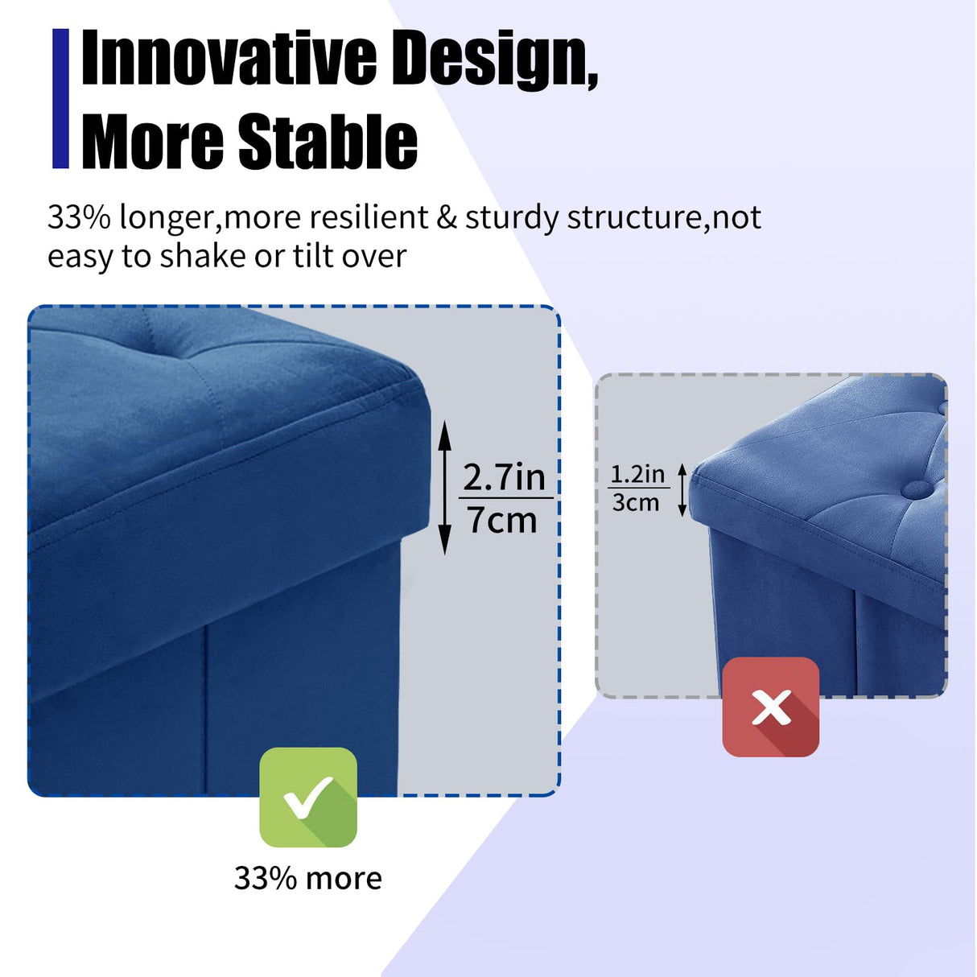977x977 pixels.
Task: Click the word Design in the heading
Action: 497,58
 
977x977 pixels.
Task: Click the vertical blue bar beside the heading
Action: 60,98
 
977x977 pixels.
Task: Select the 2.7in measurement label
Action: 504,477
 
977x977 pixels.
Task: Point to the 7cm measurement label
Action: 502,520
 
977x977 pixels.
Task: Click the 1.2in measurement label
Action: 637,474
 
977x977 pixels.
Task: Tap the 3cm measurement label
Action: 636,503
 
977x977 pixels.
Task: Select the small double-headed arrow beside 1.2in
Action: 682,489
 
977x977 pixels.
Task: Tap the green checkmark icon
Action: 308,797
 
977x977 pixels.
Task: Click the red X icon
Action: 770,707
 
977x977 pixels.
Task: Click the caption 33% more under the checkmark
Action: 307,878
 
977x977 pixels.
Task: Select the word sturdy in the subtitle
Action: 512,218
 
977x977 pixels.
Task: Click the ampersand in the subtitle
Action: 447,217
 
